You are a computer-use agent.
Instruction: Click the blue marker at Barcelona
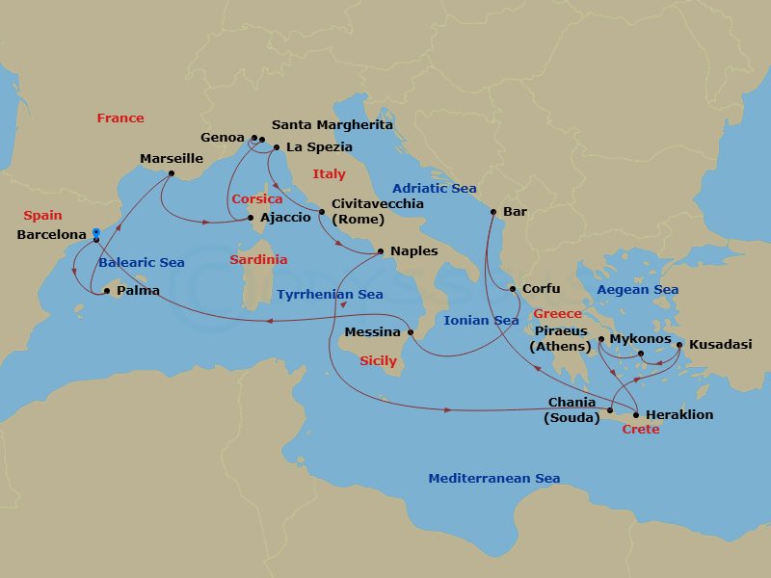coord(96,232)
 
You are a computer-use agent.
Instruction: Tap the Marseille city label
coord(172,158)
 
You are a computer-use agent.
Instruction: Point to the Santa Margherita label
coord(332,125)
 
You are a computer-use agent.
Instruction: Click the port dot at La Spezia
coord(277,147)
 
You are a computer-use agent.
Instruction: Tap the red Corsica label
coord(256,199)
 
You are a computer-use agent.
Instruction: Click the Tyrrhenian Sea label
coord(330,295)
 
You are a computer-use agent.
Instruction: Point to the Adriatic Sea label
coord(434,189)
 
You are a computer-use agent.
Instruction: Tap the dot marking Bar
coord(493,211)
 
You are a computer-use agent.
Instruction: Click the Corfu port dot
coord(514,288)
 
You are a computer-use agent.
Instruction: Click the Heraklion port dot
coord(636,415)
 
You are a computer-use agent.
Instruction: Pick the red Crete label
coord(641,430)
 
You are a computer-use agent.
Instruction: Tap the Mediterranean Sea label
coord(493,479)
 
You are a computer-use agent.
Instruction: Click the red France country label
coord(120,118)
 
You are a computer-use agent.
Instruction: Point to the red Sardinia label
coord(257,260)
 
